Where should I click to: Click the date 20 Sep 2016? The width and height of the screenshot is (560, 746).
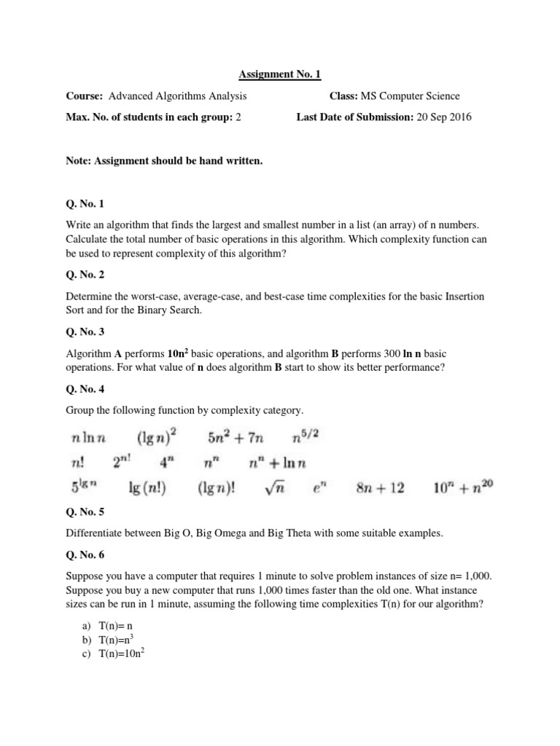444,117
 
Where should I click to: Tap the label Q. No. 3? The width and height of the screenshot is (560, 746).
86,331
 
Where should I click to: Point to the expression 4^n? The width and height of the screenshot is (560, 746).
170,463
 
